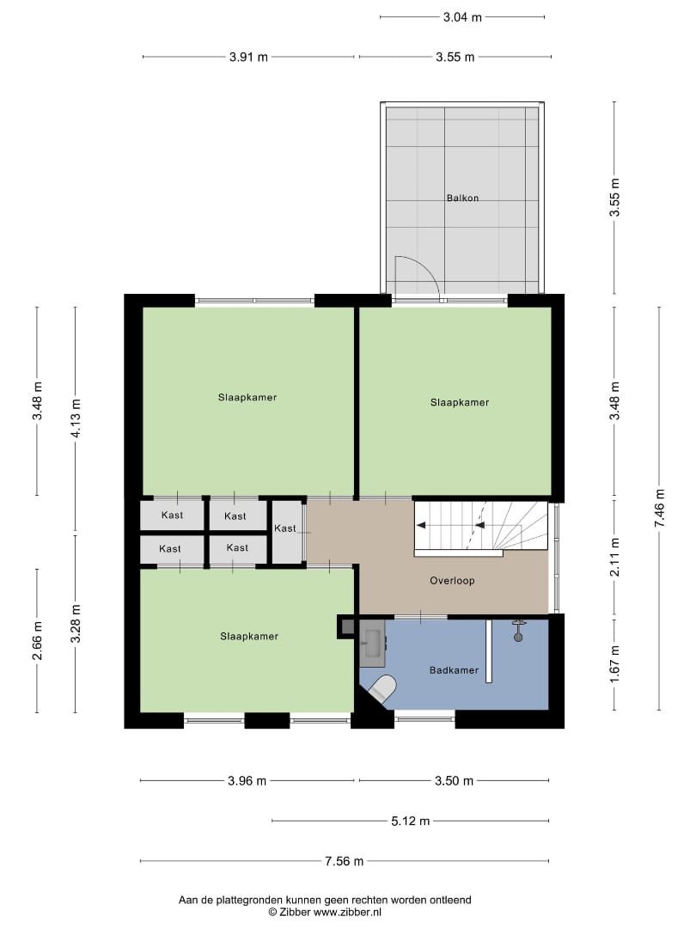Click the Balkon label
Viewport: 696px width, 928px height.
pyautogui.click(x=462, y=198)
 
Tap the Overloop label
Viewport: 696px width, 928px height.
pyautogui.click(x=452, y=581)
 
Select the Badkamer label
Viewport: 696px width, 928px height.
pyautogui.click(x=453, y=669)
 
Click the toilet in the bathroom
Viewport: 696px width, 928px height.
pyautogui.click(x=381, y=689)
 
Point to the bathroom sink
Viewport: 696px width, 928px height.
pyautogui.click(x=373, y=640)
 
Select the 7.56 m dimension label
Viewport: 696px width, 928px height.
pyautogui.click(x=344, y=861)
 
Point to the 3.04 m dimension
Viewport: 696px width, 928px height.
pyautogui.click(x=462, y=16)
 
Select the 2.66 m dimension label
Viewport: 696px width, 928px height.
pyautogui.click(x=37, y=640)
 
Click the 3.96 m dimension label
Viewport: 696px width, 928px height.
pyautogui.click(x=247, y=781)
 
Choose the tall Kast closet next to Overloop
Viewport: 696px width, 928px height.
pyautogui.click(x=285, y=529)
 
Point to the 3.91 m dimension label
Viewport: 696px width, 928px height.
pyautogui.click(x=248, y=58)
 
